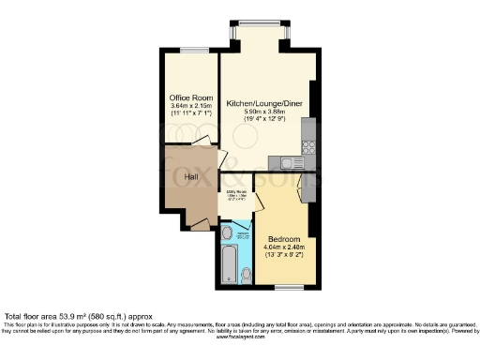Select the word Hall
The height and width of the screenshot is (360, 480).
click(189, 175)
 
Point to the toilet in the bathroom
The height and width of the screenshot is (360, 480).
click(246, 274)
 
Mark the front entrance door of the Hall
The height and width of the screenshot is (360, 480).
click(198, 223)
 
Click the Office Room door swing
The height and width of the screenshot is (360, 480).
click(201, 141)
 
